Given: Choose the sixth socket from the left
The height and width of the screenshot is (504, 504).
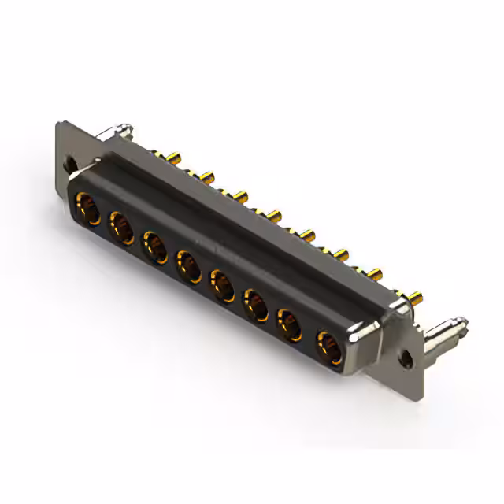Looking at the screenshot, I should pyautogui.click(x=256, y=302).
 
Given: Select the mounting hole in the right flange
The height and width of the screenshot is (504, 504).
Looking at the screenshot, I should pyautogui.click(x=406, y=357).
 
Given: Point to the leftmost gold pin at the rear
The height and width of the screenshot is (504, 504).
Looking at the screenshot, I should pyautogui.click(x=174, y=158).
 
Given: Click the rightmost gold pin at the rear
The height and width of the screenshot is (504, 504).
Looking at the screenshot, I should pyautogui.click(x=416, y=298).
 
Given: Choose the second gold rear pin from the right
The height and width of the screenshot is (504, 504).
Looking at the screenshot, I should pyautogui.click(x=374, y=274).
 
